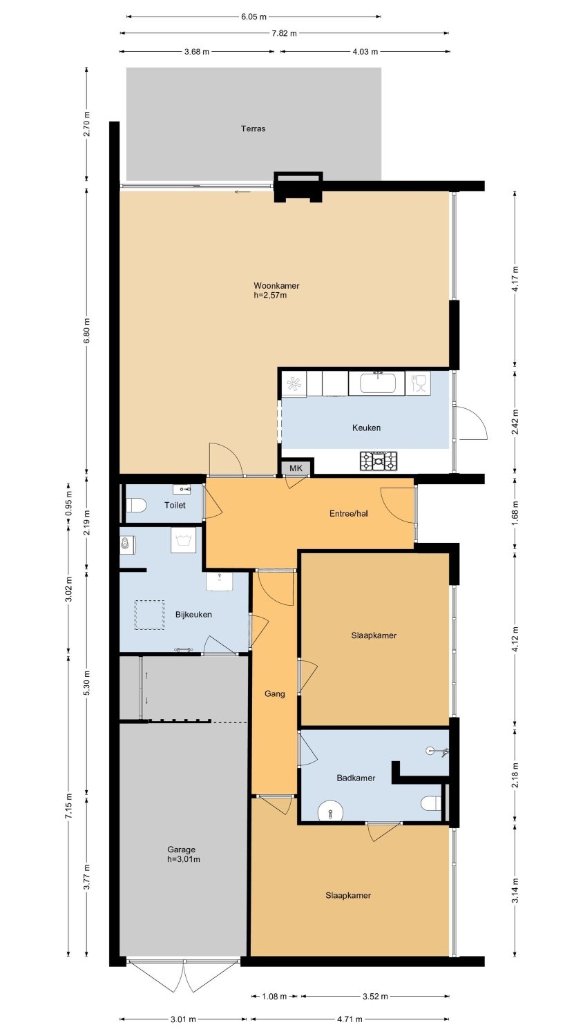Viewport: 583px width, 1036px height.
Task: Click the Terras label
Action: [253, 128]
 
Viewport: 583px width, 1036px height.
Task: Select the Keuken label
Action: [367, 428]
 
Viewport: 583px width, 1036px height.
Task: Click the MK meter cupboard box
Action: [296, 468]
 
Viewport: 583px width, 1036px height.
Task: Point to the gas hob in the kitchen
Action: [379, 461]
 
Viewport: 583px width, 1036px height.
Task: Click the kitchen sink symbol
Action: [378, 383]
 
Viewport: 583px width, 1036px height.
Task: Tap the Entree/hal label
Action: [348, 513]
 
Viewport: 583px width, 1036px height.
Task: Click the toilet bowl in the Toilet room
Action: [135, 505]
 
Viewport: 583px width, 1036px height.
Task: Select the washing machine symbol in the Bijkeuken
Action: [183, 539]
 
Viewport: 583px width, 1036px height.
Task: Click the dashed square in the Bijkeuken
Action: [149, 615]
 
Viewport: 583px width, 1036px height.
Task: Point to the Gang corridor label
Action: [274, 693]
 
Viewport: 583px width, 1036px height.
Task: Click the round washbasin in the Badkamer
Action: [331, 812]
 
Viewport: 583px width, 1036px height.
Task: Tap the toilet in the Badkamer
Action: [431, 803]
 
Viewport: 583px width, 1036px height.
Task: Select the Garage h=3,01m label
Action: [184, 854]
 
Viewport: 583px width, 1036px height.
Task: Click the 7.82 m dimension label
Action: [284, 33]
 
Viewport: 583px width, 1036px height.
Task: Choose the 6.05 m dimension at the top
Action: [254, 17]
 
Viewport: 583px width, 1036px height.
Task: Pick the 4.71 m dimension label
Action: [350, 1019]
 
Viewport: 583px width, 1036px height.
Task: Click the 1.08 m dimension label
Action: [274, 996]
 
